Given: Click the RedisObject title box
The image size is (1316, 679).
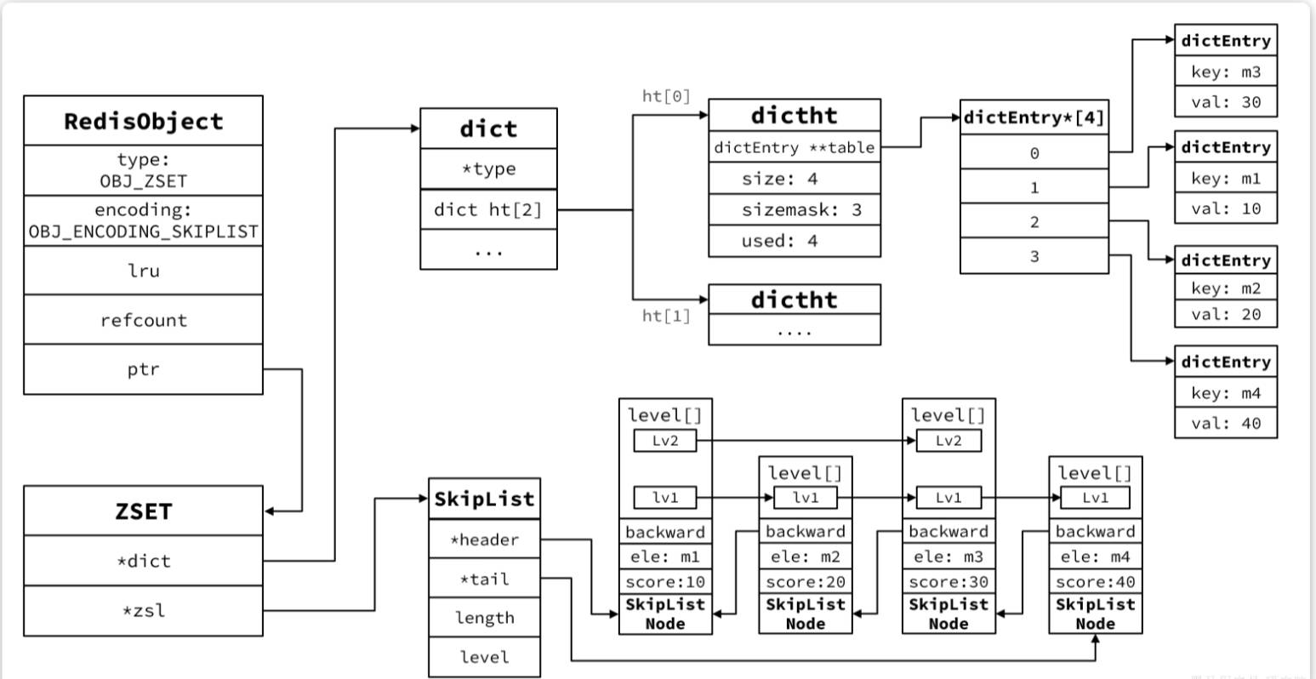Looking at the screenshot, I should coord(143,121).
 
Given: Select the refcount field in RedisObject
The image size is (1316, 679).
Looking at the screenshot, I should coord(143,320).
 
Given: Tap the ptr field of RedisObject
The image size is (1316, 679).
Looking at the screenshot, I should coord(143,369).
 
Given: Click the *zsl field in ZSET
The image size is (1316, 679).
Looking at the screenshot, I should coord(143,610).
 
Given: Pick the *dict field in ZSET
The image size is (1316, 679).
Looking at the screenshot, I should coord(143,561).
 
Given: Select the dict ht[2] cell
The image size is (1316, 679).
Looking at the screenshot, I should coord(488,209).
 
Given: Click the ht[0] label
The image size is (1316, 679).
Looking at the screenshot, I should coord(666,96).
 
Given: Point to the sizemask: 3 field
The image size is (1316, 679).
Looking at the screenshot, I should coord(795,209).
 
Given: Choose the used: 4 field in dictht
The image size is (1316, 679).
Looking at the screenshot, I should coord(795,241).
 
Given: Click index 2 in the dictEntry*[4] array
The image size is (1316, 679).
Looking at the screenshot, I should coord(1034,222).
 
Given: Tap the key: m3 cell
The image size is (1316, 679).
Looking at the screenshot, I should coord(1226,72).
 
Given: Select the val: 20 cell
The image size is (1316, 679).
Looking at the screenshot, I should coord(1226,314).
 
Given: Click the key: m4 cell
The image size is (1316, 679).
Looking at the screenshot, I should coord(1226,393).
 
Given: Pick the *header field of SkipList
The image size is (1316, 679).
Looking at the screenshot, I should coord(484,539).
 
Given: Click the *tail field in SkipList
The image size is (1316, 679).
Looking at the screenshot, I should coord(484,579).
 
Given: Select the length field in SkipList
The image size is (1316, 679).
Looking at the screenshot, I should coord(484,618).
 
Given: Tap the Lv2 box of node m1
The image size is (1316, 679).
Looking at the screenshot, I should coord(665,441).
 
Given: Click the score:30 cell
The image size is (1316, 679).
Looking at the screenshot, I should coord(949,582).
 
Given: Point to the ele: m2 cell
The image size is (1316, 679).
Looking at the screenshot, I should coord(805,556).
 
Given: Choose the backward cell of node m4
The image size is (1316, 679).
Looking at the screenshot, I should coord(1095,532).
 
